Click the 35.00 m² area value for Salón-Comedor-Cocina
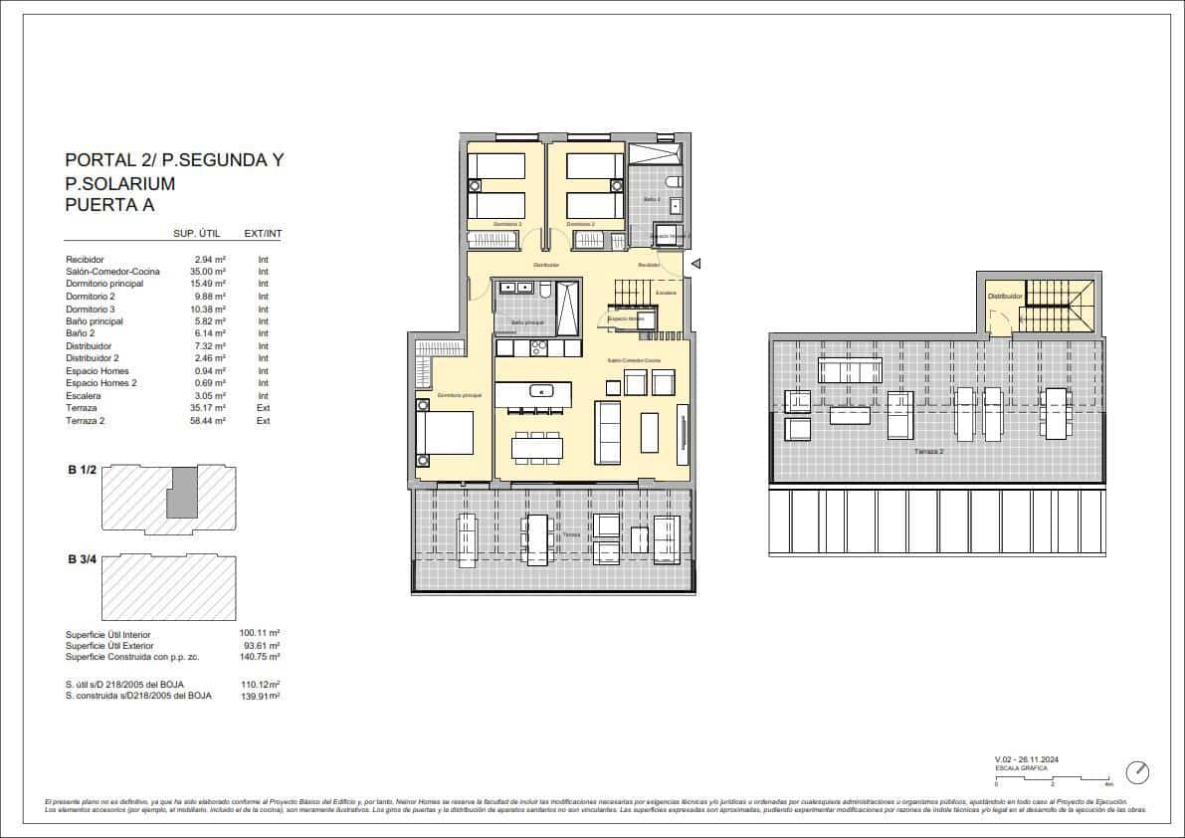point(208,272)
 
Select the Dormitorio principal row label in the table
point(104,285)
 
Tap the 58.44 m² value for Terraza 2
point(208,421)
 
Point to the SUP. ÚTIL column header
point(196,234)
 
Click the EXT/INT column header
point(263,234)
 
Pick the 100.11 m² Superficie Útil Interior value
point(259,633)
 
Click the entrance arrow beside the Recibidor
point(696,264)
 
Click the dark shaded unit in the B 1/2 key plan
point(181,492)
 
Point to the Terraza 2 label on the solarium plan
point(929,452)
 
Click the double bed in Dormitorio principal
point(444,433)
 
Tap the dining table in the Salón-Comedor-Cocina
point(537,447)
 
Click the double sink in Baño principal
point(521,289)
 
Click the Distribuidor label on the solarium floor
point(1005,296)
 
